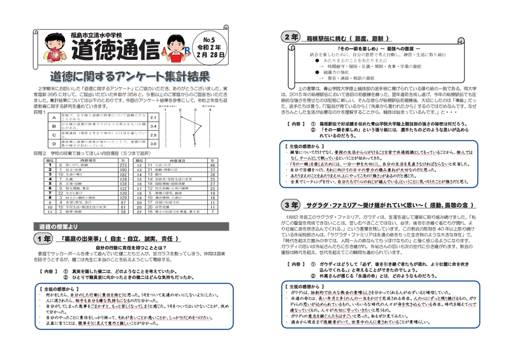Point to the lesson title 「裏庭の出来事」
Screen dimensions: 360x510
click(x=82, y=239)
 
